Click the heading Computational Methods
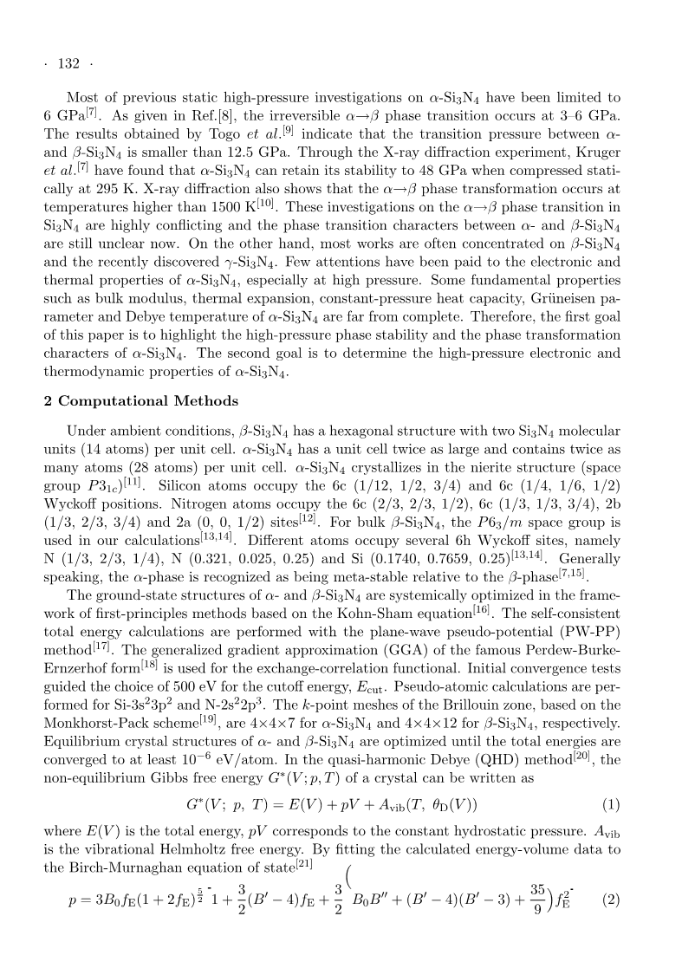click(141, 401)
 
